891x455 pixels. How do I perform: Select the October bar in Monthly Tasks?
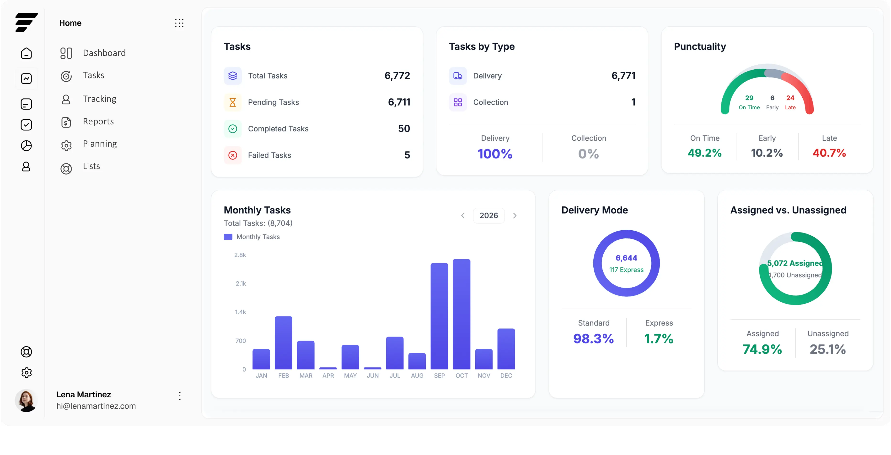(462, 314)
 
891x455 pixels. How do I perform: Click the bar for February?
(283, 343)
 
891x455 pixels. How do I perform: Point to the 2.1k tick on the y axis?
(241, 283)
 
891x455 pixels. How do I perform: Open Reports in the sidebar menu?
(98, 122)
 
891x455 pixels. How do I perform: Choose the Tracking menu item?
(99, 99)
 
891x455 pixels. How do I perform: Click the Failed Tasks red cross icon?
(233, 155)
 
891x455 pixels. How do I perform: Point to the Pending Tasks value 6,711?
(399, 102)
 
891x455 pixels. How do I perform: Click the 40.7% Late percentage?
(829, 153)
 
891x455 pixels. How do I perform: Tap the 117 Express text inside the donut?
(626, 270)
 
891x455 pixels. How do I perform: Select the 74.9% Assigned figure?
(762, 349)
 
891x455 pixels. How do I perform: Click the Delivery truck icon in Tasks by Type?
(458, 76)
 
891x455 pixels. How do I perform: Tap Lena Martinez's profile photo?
(26, 400)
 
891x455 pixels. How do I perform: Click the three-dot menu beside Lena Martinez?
(180, 396)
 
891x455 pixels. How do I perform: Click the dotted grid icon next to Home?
(179, 23)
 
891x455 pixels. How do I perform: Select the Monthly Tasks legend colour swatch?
(228, 237)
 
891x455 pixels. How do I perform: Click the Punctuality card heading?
(700, 46)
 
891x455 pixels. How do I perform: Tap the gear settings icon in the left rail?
(26, 372)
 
